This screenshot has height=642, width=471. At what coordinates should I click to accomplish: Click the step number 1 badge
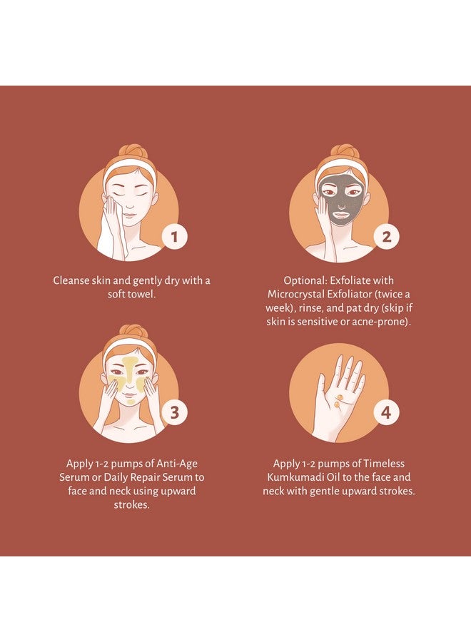(x=174, y=236)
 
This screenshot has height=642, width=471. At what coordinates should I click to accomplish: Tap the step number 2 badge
(x=386, y=236)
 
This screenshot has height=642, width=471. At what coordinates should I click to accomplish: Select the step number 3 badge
(x=174, y=412)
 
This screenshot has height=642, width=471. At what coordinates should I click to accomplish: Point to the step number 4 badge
(x=386, y=412)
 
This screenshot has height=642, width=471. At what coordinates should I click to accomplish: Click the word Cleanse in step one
(x=71, y=280)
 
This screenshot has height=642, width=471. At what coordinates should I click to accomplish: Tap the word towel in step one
(x=143, y=294)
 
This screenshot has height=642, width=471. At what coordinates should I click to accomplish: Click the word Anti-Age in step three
(x=177, y=464)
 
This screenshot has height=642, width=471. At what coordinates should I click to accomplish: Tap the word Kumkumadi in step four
(x=293, y=477)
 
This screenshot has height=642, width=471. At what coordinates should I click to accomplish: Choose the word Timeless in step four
(x=384, y=464)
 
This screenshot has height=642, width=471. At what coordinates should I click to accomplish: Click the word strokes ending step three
(x=131, y=505)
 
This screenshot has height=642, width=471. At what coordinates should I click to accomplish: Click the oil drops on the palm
(x=338, y=400)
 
